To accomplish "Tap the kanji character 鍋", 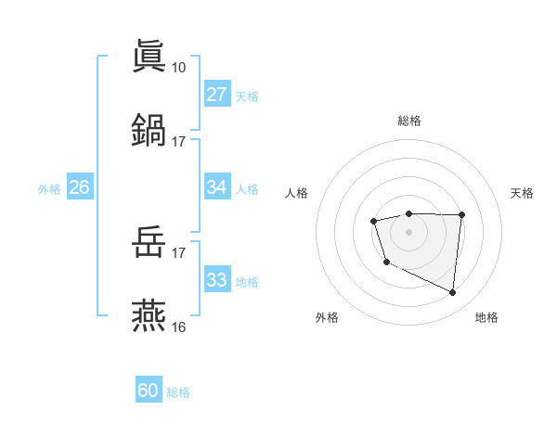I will (x=149, y=128).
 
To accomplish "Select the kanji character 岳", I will (x=149, y=244).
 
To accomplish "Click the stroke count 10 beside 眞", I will (x=178, y=67).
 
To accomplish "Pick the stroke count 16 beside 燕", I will (x=178, y=327).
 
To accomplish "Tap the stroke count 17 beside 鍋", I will (x=178, y=141).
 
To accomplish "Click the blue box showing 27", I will (x=217, y=95).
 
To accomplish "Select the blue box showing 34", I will (x=217, y=187).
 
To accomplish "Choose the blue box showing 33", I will (x=217, y=280).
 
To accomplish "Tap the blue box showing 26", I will (x=80, y=187).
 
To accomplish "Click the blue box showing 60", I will (x=149, y=391).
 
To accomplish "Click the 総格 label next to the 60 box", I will (x=179, y=392).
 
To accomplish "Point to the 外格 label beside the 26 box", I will (x=49, y=189).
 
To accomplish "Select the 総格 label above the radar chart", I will (x=409, y=121).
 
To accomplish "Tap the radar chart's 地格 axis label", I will (x=486, y=317).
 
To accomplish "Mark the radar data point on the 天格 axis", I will (x=461, y=215).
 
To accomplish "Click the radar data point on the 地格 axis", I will (x=453, y=293).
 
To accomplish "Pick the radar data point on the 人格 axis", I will (x=373, y=221).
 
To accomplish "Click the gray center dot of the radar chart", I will (x=409, y=231).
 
